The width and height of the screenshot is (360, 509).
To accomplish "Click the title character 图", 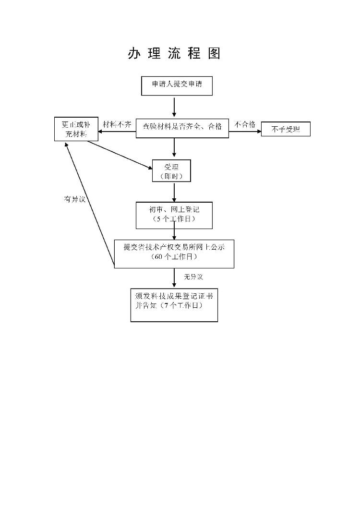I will click(x=214, y=54).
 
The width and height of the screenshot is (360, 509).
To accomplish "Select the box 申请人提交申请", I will click(x=176, y=85).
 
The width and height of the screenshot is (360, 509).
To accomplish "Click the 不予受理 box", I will click(x=286, y=129).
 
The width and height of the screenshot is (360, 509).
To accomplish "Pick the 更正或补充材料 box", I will click(x=76, y=129).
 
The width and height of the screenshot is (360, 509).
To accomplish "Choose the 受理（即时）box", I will click(x=171, y=170).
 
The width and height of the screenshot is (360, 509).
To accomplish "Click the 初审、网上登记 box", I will click(x=174, y=215).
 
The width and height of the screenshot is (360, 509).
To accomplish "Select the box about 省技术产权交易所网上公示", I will click(x=174, y=253).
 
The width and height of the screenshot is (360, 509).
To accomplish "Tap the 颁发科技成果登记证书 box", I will click(x=174, y=304).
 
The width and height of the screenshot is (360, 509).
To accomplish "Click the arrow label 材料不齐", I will click(x=117, y=124).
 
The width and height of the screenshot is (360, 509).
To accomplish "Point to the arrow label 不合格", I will click(x=244, y=124).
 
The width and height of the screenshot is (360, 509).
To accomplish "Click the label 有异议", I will click(x=75, y=199).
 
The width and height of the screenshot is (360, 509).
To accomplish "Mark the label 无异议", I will click(x=193, y=277).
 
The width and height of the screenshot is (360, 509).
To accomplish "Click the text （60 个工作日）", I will click(x=174, y=257).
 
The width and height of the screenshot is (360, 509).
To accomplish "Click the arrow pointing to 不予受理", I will click(x=245, y=130).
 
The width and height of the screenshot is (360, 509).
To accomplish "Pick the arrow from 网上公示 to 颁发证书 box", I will click(x=174, y=278).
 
